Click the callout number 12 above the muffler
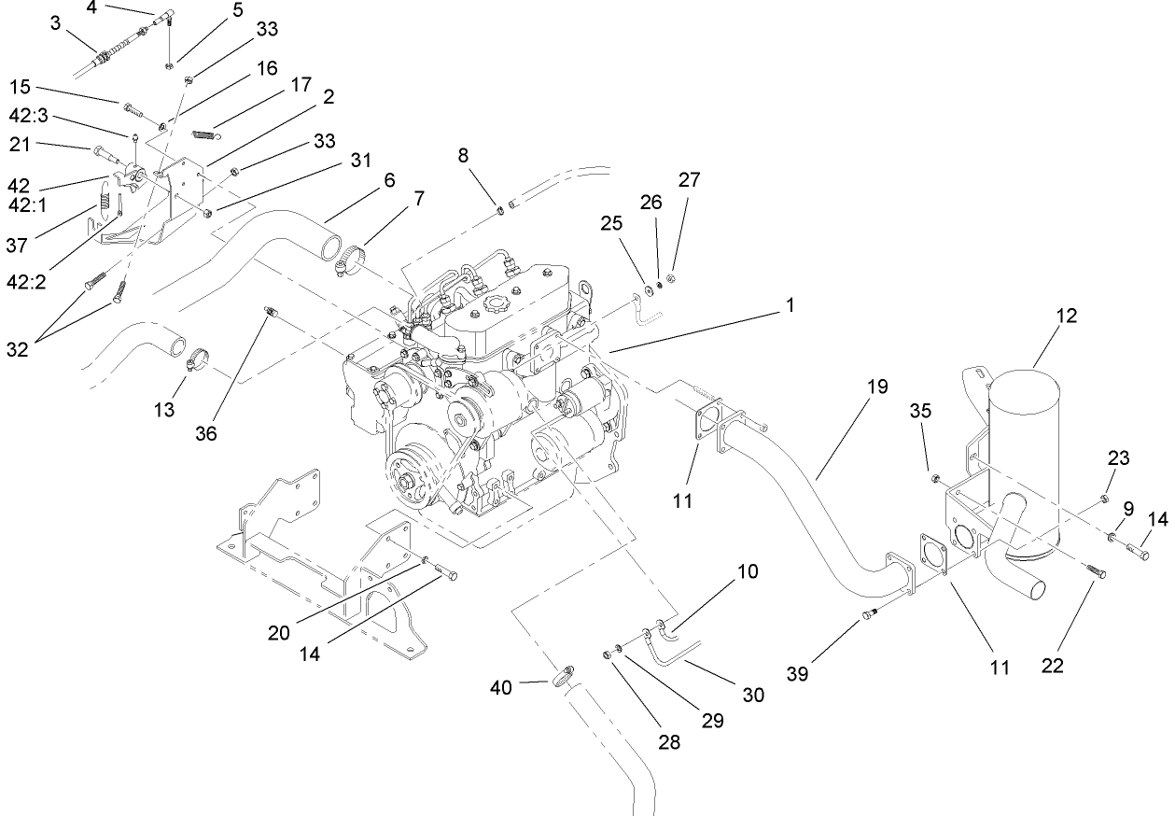click(x=1067, y=316)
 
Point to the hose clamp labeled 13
click(x=200, y=359)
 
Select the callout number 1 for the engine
click(x=790, y=304)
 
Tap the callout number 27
click(x=689, y=179)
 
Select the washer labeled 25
click(x=648, y=280)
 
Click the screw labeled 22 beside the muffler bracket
click(x=1096, y=569)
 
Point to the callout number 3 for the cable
click(x=56, y=23)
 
